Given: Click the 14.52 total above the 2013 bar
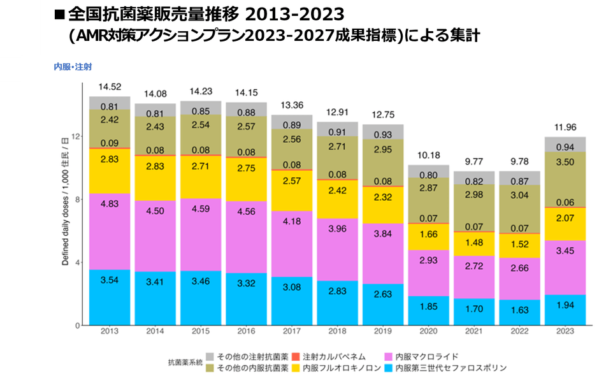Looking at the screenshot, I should point(110,87).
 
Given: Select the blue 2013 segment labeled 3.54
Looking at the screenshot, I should point(110,298).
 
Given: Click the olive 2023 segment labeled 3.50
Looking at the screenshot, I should point(565,180).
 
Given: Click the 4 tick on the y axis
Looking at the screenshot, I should point(78,263).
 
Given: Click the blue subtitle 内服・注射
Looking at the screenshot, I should point(74,65).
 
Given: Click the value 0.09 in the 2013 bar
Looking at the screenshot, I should point(110,143).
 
